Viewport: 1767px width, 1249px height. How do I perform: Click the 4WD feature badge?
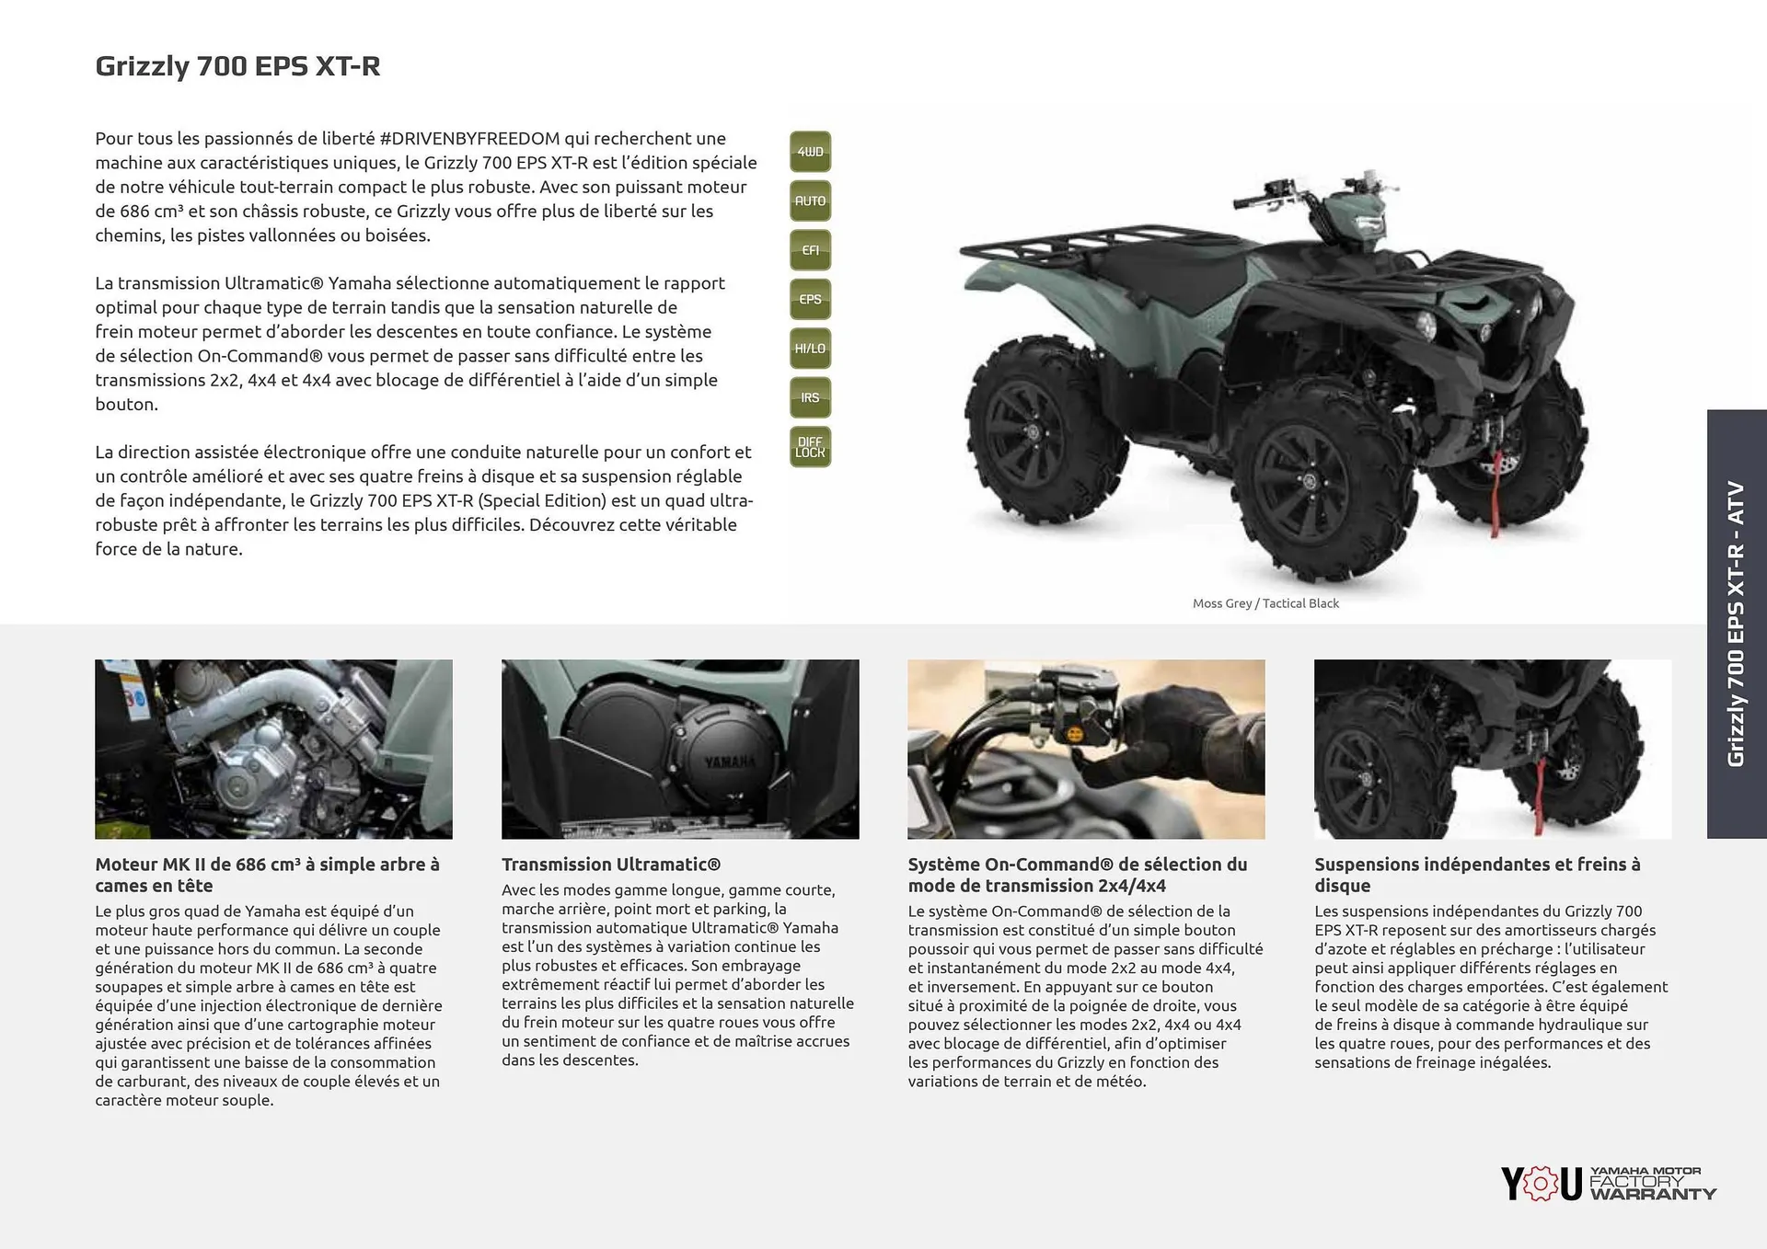[810, 152]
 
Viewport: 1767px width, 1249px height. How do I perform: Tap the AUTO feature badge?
[810, 201]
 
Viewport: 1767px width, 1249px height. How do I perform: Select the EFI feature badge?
[810, 250]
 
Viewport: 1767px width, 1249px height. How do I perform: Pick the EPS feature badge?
[810, 300]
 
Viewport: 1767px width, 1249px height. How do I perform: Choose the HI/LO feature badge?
[810, 349]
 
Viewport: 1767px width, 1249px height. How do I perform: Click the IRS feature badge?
[810, 398]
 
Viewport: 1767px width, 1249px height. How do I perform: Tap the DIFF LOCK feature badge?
[810, 447]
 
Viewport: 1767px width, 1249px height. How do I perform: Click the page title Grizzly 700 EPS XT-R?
[237, 66]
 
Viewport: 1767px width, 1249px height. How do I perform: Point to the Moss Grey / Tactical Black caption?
[1265, 603]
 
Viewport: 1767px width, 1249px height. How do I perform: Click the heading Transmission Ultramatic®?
[611, 865]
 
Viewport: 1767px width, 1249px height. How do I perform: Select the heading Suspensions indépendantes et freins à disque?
[1476, 875]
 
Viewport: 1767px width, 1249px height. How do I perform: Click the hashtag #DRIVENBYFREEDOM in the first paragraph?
[469, 139]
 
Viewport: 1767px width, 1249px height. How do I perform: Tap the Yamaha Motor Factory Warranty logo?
[1608, 1183]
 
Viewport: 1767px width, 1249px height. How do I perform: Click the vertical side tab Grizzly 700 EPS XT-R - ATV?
[1736, 624]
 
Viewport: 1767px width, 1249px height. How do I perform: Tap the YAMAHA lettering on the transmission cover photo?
[729, 762]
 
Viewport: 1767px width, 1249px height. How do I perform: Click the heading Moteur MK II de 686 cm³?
[267, 875]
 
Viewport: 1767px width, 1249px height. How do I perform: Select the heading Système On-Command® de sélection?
[1077, 875]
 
